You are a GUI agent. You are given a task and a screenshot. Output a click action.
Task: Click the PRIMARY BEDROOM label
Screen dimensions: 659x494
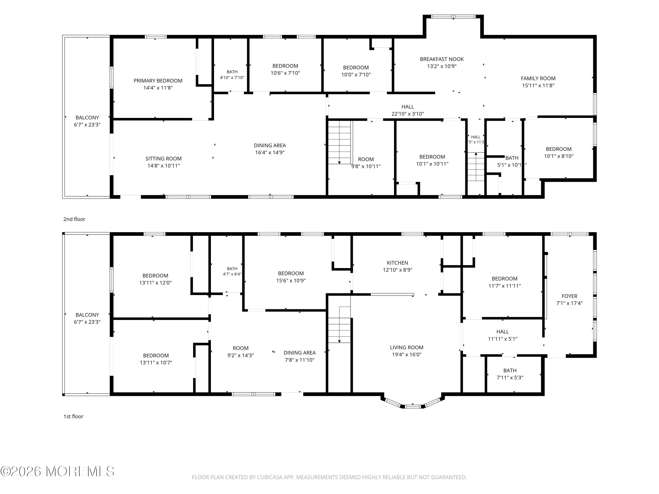tap(158, 81)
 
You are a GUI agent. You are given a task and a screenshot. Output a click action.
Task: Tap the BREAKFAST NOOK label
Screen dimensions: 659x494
tap(442, 59)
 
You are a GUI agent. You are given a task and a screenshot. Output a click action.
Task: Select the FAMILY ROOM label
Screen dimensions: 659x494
tap(538, 78)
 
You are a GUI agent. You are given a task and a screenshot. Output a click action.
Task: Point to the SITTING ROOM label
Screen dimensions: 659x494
tap(164, 159)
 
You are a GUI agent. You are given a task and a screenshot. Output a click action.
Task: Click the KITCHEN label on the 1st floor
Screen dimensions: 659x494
tap(397, 263)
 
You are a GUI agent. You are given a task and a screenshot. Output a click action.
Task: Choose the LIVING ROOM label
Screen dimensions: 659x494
tap(407, 348)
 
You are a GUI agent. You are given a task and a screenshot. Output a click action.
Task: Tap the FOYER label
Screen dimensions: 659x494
tap(569, 296)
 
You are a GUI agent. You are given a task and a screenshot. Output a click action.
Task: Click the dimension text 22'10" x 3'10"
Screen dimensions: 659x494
tap(407, 114)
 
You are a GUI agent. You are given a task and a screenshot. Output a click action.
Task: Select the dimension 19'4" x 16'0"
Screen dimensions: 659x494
tap(407, 355)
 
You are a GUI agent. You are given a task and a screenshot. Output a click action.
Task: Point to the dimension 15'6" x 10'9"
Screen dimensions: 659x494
tap(291, 281)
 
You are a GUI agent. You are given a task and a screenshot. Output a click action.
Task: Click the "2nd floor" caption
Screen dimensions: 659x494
tap(74, 219)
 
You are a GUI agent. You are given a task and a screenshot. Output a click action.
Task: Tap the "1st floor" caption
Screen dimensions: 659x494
tap(73, 416)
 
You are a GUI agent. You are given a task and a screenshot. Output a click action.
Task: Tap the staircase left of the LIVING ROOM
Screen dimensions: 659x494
tap(339, 325)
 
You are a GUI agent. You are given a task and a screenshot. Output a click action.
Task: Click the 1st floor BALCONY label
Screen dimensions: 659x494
tap(87, 315)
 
